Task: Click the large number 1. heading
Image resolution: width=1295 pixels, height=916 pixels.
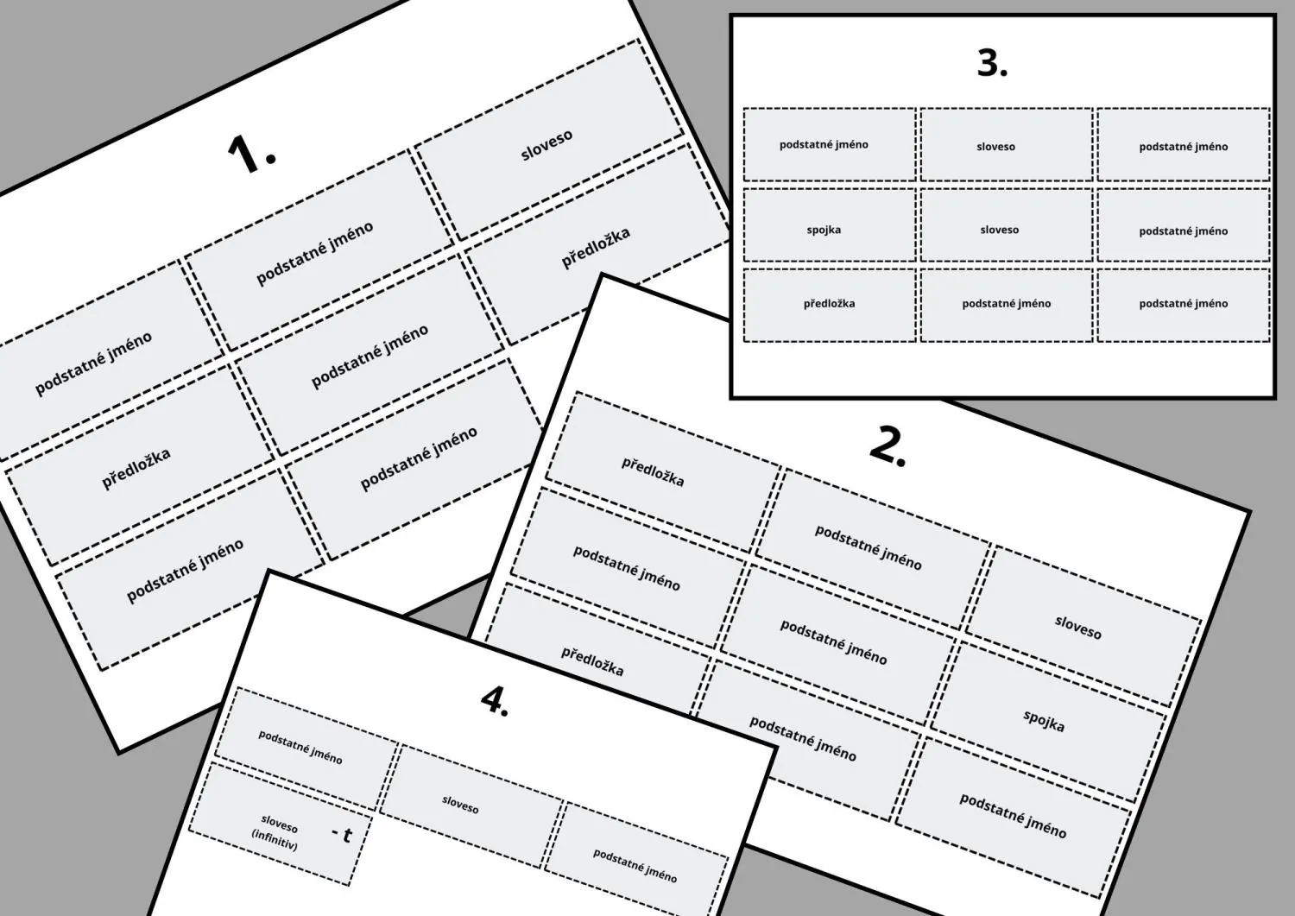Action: pyautogui.click(x=251, y=154)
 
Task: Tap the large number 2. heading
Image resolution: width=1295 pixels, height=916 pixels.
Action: pyautogui.click(x=888, y=447)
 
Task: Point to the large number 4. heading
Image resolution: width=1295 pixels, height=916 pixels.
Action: pyautogui.click(x=495, y=701)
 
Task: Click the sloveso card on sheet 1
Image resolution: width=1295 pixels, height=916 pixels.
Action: pyautogui.click(x=548, y=139)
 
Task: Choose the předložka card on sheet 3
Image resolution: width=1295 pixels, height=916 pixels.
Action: pyautogui.click(x=830, y=305)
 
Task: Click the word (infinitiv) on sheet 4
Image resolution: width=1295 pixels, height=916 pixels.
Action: pyautogui.click(x=274, y=840)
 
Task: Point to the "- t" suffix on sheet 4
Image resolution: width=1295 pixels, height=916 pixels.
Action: pyautogui.click(x=342, y=834)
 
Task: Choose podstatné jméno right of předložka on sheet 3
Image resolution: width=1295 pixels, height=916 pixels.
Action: pyautogui.click(x=1007, y=305)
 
